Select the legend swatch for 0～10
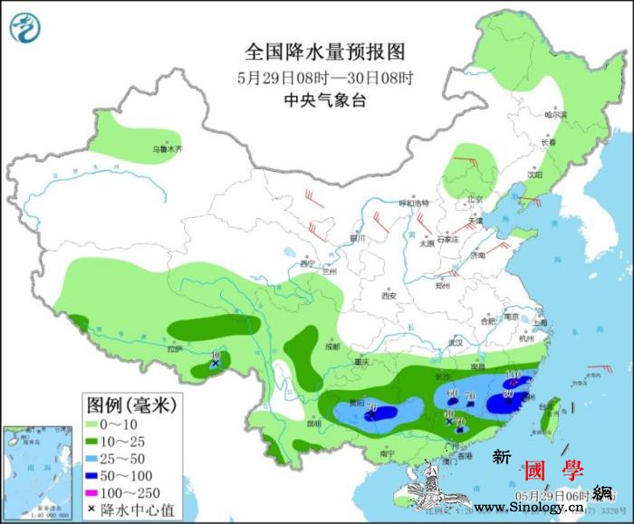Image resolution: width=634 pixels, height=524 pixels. coord(94,422)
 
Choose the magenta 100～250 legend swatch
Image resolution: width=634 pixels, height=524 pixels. coord(94,492)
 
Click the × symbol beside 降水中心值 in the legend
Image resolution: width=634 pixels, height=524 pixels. coord(93,510)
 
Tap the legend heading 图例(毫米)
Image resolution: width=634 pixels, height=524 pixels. coord(130,402)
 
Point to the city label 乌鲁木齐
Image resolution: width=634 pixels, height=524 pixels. coord(167,148)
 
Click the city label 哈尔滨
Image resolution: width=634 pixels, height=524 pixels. coord(554,116)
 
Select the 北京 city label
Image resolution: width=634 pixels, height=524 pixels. coord(475,199)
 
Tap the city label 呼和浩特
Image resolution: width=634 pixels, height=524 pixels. coord(414,203)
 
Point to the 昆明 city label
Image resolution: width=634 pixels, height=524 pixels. coord(313,423)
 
